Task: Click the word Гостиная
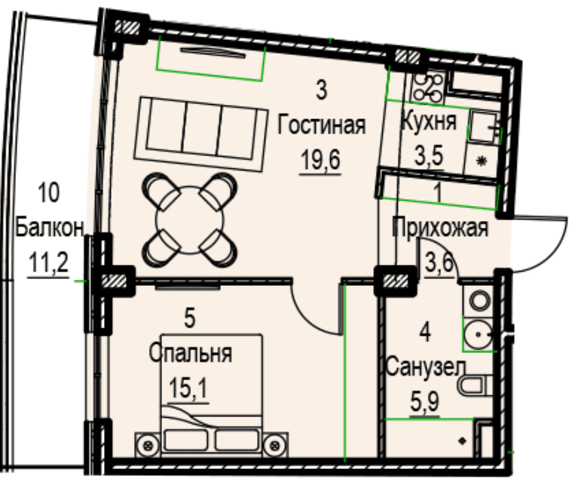point(321,125)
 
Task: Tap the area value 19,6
point(320,160)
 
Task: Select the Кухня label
point(429,121)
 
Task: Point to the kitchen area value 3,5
point(428,155)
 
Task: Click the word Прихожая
point(440,228)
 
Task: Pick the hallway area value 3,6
point(439,263)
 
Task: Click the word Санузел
point(426,367)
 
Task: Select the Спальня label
point(191,354)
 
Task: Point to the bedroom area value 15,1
point(188,388)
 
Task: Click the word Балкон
point(50,229)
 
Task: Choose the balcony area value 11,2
point(48,263)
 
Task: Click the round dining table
point(189,220)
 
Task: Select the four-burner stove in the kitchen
point(428,87)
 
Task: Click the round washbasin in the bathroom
point(478,334)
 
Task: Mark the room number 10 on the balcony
point(48,193)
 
